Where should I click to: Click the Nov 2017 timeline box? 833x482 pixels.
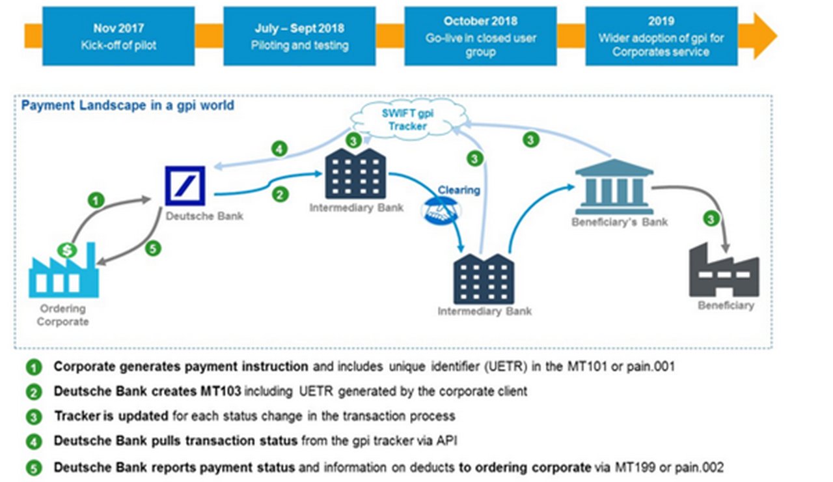[118, 36]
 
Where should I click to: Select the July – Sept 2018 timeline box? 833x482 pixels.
[299, 36]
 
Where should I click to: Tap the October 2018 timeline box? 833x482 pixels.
[480, 36]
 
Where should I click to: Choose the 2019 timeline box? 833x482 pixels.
[661, 36]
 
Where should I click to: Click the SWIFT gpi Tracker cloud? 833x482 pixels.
[408, 119]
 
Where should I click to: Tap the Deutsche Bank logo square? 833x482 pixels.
[185, 186]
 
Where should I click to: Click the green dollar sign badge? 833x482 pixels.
[67, 250]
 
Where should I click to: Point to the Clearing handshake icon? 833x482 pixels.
[441, 211]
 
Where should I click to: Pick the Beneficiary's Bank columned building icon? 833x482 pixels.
[614, 187]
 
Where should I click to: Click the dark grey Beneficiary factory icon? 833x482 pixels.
[724, 270]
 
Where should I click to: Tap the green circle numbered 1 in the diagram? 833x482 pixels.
[96, 201]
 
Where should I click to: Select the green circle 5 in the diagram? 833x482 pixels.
[153, 249]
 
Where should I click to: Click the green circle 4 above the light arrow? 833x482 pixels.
[279, 149]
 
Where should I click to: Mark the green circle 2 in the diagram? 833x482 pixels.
[280, 194]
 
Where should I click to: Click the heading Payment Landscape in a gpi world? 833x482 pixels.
[128, 106]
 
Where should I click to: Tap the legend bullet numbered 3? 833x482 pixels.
[34, 417]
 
